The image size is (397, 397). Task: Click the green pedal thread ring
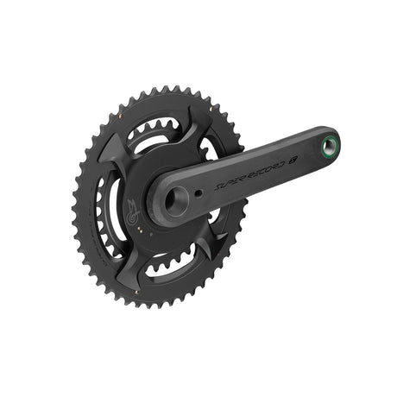click(x=329, y=143)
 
